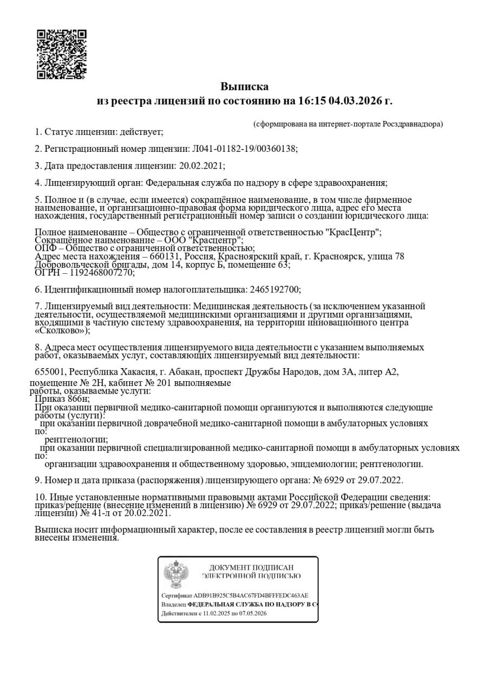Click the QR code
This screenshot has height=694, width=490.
click(x=62, y=54)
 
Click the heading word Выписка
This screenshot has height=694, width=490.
click(x=244, y=87)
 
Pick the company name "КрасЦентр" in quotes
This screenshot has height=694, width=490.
click(x=353, y=232)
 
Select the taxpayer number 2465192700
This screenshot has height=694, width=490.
click(x=273, y=290)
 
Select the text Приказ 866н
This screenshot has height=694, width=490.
click(x=62, y=399)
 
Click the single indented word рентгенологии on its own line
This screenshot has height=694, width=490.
click(x=75, y=439)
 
